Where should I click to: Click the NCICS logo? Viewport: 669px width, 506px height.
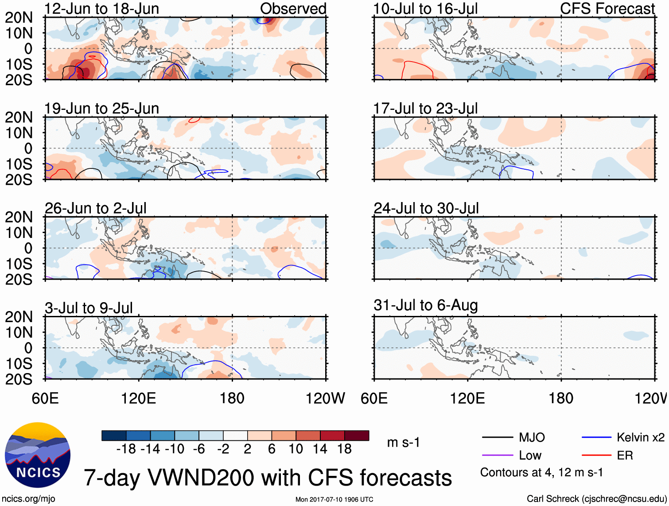point(38,455)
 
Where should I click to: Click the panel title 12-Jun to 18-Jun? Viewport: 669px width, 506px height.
point(101,9)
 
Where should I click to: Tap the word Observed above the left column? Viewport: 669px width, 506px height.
point(293,9)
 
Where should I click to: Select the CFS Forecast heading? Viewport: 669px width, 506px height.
point(607,9)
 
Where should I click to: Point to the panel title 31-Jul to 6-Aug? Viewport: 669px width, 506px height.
point(425,305)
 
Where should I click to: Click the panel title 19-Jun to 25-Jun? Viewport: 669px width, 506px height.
point(101,109)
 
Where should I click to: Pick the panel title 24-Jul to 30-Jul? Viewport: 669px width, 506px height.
point(426,208)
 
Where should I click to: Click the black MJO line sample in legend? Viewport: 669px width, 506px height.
point(497,438)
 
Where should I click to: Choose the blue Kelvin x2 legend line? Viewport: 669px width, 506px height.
point(596,438)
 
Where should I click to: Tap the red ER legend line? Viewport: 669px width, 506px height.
point(596,455)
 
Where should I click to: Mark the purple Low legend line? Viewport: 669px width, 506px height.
point(497,455)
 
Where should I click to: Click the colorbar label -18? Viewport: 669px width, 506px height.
point(126,449)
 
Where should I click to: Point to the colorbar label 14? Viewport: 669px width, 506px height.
point(320,449)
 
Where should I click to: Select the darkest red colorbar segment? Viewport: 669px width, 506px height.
point(357,436)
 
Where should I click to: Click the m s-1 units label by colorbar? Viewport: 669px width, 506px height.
point(403,442)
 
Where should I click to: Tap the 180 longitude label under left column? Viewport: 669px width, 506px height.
point(232,398)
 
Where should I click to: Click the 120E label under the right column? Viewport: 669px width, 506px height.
point(467,398)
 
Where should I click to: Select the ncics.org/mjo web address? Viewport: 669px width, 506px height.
point(28,499)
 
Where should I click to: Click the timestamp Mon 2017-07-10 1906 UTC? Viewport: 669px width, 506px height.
point(334,499)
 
